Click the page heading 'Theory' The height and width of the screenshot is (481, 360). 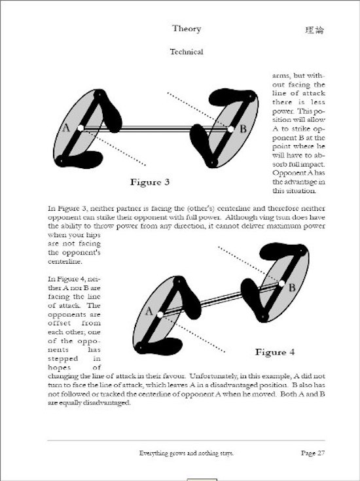[x=187, y=29]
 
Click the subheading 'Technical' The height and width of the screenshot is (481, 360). [x=187, y=52]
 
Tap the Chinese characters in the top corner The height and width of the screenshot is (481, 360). [x=315, y=29]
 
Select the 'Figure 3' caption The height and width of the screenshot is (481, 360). [x=150, y=182]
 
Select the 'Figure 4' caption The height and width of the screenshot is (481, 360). [x=275, y=352]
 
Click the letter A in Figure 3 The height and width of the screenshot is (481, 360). [x=66, y=128]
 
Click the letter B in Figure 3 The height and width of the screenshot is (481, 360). [x=243, y=128]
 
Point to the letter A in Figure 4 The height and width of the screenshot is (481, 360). [x=149, y=312]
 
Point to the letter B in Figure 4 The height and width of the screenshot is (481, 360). [x=292, y=287]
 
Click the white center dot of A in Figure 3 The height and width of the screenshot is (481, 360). [x=81, y=128]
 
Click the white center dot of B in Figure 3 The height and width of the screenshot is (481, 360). [x=231, y=130]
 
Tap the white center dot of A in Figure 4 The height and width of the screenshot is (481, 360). [x=160, y=315]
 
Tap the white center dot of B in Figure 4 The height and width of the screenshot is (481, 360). [x=281, y=284]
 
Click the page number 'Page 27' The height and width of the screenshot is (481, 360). [x=313, y=453]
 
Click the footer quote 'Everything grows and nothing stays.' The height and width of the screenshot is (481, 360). [x=187, y=453]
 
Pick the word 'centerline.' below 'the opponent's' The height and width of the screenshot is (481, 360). [x=65, y=262]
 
